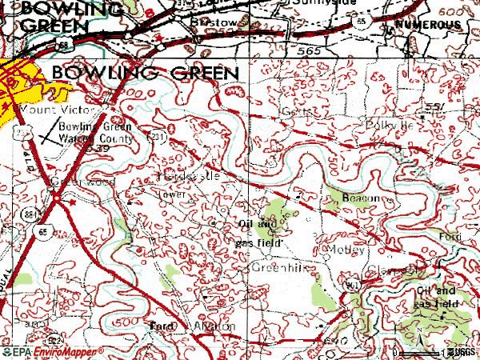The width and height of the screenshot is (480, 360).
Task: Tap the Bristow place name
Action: click(206, 24)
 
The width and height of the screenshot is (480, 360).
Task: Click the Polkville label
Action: click(390, 126)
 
